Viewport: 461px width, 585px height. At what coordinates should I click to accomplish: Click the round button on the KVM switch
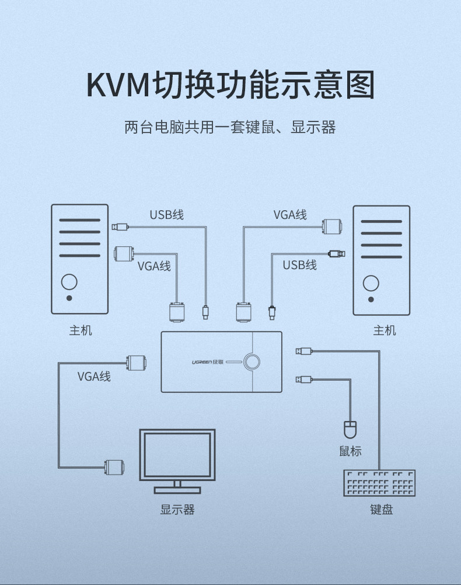click(252, 361)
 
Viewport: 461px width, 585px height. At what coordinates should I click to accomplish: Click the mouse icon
click(350, 430)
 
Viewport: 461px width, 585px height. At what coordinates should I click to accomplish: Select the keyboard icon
click(379, 483)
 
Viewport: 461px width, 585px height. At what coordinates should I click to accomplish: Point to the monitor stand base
click(177, 490)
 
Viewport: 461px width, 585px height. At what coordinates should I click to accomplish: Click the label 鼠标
click(350, 451)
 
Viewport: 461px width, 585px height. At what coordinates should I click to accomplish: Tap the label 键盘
click(382, 509)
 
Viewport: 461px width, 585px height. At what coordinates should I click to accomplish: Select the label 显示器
click(177, 509)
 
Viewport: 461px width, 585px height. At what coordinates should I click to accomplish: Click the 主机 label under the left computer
click(80, 330)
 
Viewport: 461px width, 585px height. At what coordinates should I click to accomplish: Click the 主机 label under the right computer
click(385, 330)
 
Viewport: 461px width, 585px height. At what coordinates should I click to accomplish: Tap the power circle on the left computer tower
click(69, 281)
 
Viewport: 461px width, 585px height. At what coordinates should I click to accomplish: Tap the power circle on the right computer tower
click(371, 283)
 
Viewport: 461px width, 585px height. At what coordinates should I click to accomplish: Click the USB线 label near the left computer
click(166, 214)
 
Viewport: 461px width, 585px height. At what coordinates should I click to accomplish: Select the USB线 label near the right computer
click(299, 265)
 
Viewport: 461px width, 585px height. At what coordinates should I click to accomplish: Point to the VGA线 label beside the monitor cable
click(94, 376)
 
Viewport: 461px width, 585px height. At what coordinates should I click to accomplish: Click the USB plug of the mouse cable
click(304, 379)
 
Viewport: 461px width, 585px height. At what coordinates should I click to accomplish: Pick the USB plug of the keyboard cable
click(304, 351)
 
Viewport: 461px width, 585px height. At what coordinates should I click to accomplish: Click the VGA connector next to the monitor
click(114, 467)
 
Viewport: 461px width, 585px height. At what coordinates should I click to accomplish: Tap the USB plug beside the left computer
click(120, 227)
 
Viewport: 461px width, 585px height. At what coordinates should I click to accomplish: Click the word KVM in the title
click(118, 85)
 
